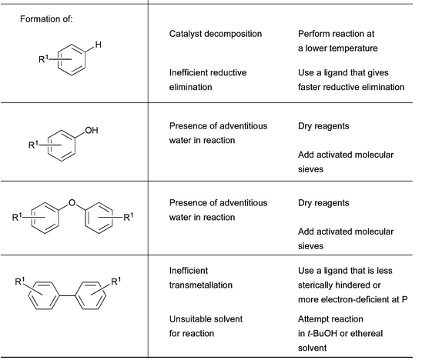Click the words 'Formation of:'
pos(46,19)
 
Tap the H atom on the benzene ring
pos(99,45)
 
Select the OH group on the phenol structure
pos(92,131)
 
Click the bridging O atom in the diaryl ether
pos(72,202)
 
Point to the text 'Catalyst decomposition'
pos(216,34)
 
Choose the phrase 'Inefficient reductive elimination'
pos(208,80)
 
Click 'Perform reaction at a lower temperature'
pos(338,41)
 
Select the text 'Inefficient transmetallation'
pos(201,278)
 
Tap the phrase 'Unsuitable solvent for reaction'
pos(206,326)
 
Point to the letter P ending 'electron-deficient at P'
pos(404,299)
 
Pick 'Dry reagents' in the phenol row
pos(323,126)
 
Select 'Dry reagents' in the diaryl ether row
pos(323,203)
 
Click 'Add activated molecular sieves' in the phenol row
pos(346,162)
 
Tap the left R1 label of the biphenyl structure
pos(20,282)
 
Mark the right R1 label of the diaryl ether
pos(129,217)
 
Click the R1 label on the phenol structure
pos(34,145)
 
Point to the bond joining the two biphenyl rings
pos(66,295)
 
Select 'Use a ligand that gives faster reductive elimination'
pos(351,80)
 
